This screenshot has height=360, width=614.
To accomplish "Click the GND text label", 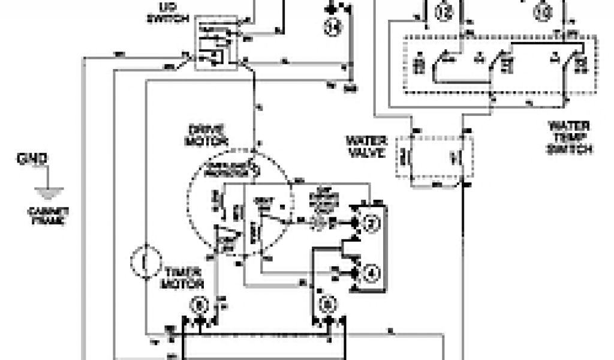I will [x=34, y=160].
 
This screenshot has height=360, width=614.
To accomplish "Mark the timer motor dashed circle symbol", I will [x=146, y=263].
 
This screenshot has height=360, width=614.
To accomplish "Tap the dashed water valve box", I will [x=434, y=157].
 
